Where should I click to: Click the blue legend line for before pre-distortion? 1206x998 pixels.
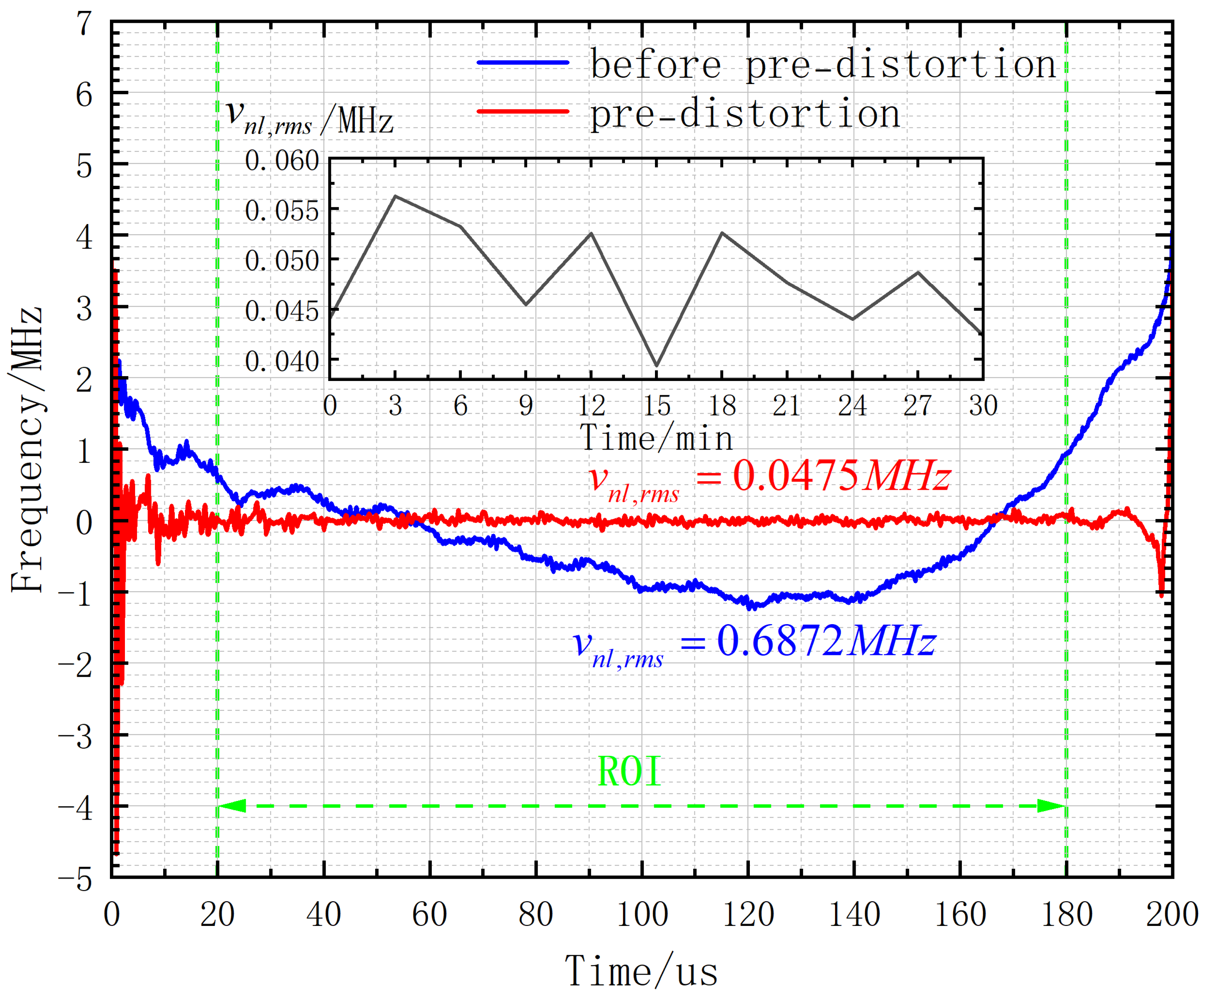[523, 62]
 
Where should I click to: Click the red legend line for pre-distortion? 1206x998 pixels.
[523, 111]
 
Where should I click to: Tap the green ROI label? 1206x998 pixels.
[629, 772]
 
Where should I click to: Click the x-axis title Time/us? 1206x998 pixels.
[641, 971]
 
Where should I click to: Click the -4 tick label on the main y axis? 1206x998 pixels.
[76, 808]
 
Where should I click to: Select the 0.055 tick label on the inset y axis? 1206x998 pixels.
[281, 211]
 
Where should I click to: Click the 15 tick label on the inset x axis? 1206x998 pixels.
[656, 406]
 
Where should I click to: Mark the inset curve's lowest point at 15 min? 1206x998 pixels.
[656, 366]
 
